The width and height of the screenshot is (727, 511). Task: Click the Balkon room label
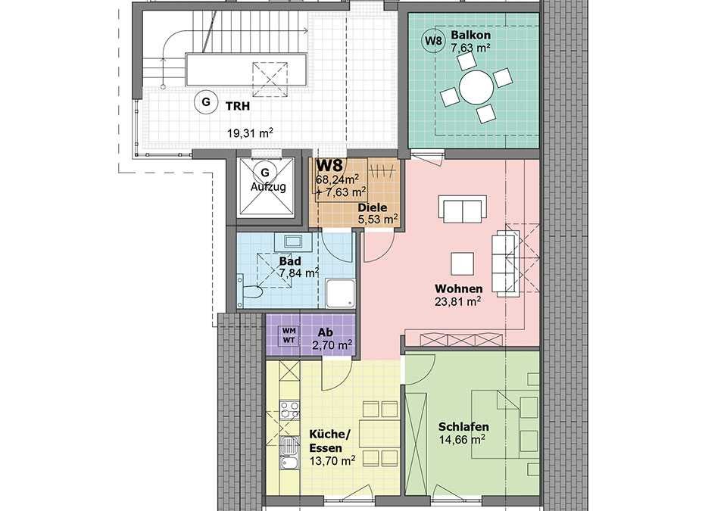[470, 35]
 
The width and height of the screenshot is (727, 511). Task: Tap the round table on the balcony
[476, 87]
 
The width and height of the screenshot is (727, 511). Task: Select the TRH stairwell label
[237, 106]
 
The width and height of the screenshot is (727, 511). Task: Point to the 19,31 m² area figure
[250, 133]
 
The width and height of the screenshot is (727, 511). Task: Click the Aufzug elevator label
[268, 187]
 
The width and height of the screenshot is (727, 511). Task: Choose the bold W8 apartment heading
[329, 165]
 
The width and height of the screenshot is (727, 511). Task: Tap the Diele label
[372, 208]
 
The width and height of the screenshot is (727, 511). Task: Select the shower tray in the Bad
[340, 293]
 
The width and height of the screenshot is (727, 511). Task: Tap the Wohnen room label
[459, 289]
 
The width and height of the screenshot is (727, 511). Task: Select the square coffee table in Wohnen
[462, 264]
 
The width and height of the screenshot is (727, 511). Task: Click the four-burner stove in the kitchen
[289, 411]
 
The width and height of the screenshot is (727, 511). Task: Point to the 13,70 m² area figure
[332, 460]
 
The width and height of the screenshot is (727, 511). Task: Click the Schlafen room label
[463, 427]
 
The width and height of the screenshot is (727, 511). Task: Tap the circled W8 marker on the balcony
[433, 40]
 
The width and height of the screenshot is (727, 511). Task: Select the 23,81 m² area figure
[457, 301]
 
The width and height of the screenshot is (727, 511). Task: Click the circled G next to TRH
[206, 101]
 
